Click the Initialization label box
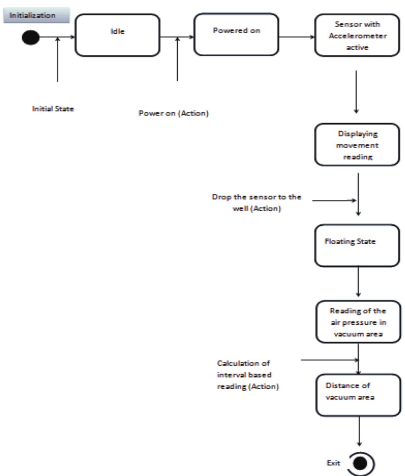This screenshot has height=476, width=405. pyautogui.click(x=36, y=15)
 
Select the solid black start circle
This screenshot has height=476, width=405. pyautogui.click(x=31, y=37)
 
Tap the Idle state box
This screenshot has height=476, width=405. pyautogui.click(x=117, y=35)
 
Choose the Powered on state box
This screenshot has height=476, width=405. pyautogui.click(x=236, y=35)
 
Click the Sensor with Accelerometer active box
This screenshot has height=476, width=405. pyautogui.click(x=357, y=36)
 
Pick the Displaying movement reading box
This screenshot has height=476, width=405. pyautogui.click(x=357, y=145)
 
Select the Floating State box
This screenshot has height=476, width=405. pyautogui.click(x=357, y=246)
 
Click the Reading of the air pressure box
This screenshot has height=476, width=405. pyautogui.click(x=358, y=322)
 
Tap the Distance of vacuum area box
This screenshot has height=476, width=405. pyautogui.click(x=358, y=395)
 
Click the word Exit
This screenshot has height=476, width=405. pyautogui.click(x=333, y=463)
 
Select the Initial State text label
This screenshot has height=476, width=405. pyautogui.click(x=53, y=109)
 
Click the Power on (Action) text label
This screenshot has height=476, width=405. pyautogui.click(x=173, y=113)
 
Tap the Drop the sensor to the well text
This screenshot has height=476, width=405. pyautogui.click(x=256, y=203)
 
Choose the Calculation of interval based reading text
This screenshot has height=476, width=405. pyautogui.click(x=247, y=375)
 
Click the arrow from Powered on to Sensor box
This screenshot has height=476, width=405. pyautogui.click(x=297, y=37)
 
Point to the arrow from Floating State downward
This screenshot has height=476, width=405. pyautogui.click(x=358, y=282)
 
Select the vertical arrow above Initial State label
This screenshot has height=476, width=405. pyautogui.click(x=58, y=60)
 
